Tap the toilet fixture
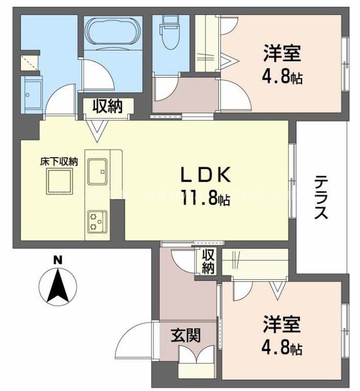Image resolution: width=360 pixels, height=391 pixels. click(x=168, y=29)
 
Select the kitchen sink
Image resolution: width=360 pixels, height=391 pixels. click(x=97, y=170)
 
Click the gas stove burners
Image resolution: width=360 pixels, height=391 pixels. click(x=95, y=222)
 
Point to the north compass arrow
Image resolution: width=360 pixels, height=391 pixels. click(x=59, y=286)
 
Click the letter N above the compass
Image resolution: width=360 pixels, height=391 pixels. click(x=58, y=260)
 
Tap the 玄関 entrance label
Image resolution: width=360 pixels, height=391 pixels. click(x=185, y=335)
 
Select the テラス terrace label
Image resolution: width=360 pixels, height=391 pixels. click(x=321, y=197)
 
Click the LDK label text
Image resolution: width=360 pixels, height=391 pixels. click(x=207, y=175)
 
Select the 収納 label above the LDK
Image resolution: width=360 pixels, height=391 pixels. click(x=107, y=106)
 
